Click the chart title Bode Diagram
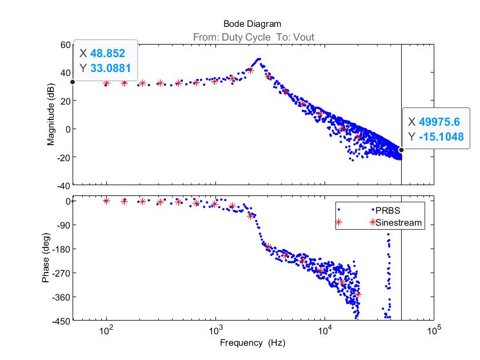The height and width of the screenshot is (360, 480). pos(252,24)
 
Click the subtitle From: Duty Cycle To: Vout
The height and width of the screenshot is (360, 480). pos(252,38)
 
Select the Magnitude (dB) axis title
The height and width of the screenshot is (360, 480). pos(51,115)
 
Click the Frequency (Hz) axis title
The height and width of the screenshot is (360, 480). pos(252,343)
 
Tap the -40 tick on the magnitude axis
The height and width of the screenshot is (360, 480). pos(62,186)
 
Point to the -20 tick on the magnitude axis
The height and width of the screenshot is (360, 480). pos(62,157)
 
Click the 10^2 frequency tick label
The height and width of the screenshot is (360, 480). pos(106,331)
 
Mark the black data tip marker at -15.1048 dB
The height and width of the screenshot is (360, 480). pos(401,150)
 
